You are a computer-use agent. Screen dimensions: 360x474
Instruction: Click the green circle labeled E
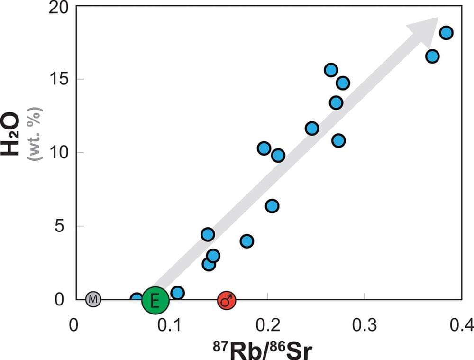pyautogui.click(x=155, y=300)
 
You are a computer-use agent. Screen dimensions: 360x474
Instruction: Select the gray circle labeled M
pyautogui.click(x=93, y=299)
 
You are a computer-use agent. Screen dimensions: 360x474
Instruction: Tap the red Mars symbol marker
pyautogui.click(x=227, y=300)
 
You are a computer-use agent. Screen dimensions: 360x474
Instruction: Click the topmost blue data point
pyautogui.click(x=446, y=33)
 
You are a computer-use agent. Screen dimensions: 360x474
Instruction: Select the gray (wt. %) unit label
pyautogui.click(x=36, y=133)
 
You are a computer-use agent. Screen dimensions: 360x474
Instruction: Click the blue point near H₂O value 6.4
pyautogui.click(x=272, y=206)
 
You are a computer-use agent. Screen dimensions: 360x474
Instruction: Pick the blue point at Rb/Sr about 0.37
pyautogui.click(x=432, y=56)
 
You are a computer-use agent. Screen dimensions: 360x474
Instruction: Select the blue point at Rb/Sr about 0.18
pyautogui.click(x=246, y=241)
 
